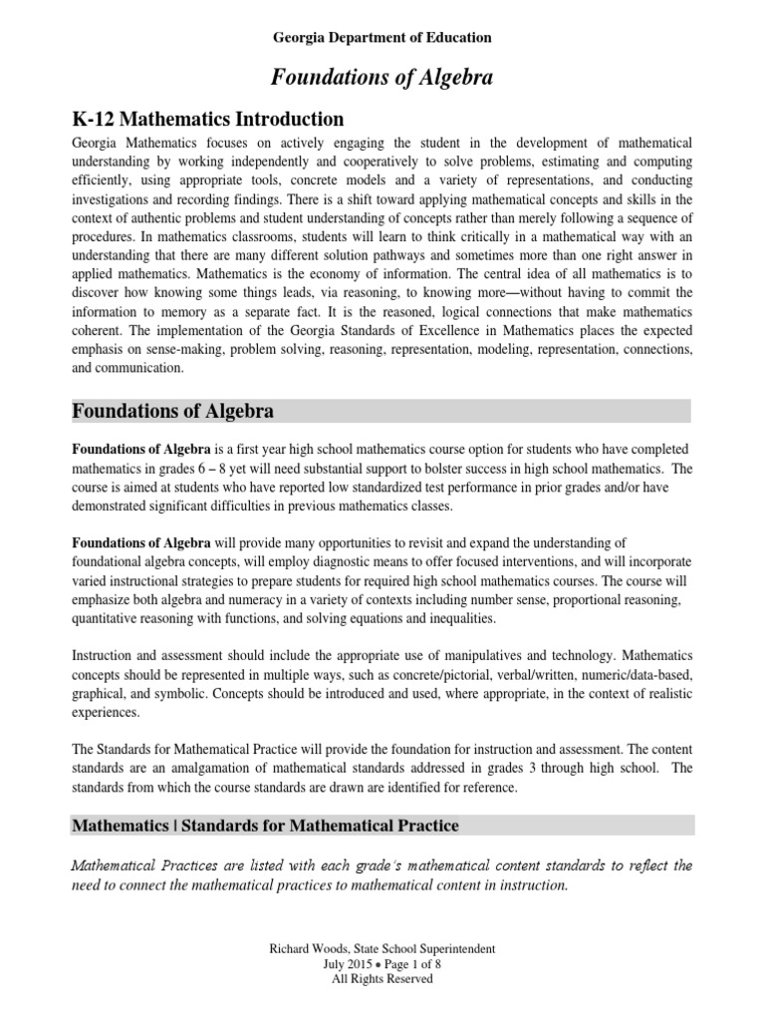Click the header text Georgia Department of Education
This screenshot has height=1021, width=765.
click(x=382, y=38)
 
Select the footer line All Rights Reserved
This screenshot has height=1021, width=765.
click(x=382, y=979)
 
